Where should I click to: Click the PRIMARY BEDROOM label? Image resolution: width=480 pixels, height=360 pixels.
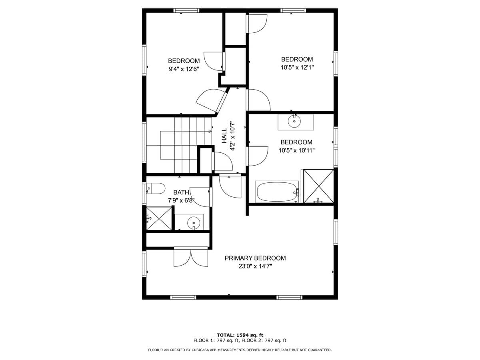pyautogui.click(x=255, y=258)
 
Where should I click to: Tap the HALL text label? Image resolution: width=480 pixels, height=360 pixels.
pyautogui.click(x=224, y=136)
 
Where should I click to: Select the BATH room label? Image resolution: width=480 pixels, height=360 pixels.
pyautogui.click(x=181, y=192)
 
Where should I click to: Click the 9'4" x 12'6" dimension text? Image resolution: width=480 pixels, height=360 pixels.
pyautogui.click(x=184, y=69)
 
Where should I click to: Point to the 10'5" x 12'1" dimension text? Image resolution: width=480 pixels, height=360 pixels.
pyautogui.click(x=297, y=68)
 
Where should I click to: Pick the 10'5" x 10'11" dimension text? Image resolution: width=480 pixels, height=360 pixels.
pyautogui.click(x=297, y=150)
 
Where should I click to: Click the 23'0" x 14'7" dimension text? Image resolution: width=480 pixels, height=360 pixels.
pyautogui.click(x=255, y=266)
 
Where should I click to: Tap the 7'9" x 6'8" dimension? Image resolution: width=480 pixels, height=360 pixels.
pyautogui.click(x=181, y=200)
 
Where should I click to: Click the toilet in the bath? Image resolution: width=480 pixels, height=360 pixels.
pyautogui.click(x=156, y=188)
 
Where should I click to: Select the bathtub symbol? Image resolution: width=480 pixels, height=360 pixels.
pyautogui.click(x=277, y=192)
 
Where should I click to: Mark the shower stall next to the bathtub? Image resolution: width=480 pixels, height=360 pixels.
pyautogui.click(x=318, y=186)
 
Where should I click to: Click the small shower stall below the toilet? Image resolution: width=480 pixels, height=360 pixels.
pyautogui.click(x=159, y=218)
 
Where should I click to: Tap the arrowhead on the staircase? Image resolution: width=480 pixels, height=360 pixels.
pyautogui.click(x=210, y=131)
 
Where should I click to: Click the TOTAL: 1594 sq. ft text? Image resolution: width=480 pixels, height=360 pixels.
pyautogui.click(x=240, y=335)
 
